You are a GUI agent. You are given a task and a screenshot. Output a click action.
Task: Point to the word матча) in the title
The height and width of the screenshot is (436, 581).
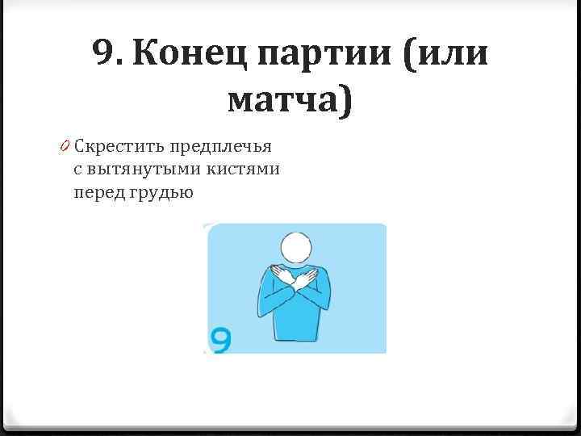click(x=290, y=101)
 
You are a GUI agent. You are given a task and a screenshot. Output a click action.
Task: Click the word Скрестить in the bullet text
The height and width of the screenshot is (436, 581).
click(x=111, y=147)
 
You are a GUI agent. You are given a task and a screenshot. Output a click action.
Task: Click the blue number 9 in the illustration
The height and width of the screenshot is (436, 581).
click(x=220, y=339)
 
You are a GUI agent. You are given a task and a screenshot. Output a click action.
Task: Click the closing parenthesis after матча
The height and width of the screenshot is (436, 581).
click(x=346, y=102)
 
